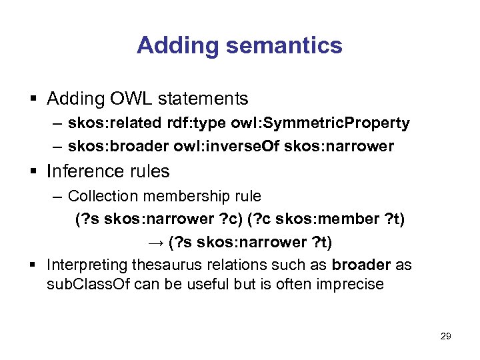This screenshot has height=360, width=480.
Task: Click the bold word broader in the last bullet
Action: pyautogui.click(x=361, y=265)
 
